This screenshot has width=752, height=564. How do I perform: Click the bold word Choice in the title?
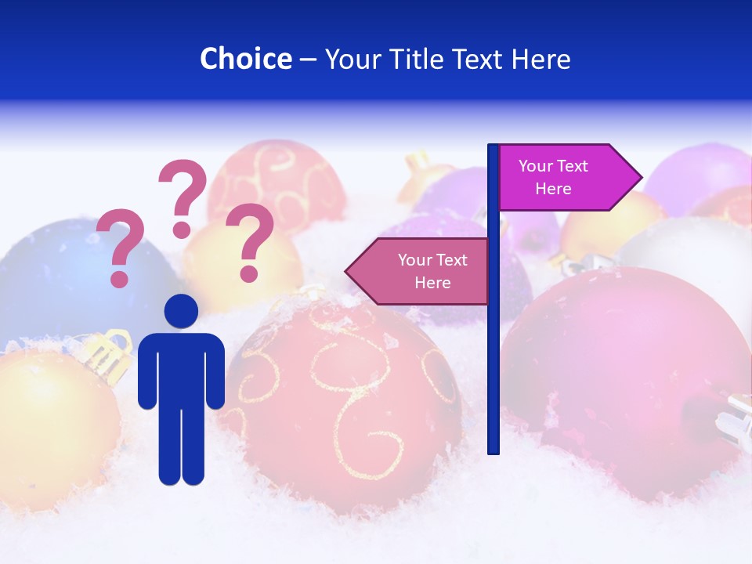pyautogui.click(x=245, y=59)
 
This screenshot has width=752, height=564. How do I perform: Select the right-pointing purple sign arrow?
pyautogui.click(x=568, y=178)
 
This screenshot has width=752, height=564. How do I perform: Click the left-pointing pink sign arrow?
pyautogui.click(x=419, y=271)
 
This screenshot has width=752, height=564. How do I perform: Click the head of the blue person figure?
pyautogui.click(x=181, y=312)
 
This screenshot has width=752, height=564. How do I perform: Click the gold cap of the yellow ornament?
pyautogui.click(x=107, y=352)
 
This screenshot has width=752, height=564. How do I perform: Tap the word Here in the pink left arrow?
pyautogui.click(x=432, y=283)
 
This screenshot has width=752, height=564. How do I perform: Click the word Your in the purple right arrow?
pyautogui.click(x=536, y=166)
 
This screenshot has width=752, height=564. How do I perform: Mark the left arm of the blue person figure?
pyautogui.click(x=146, y=372)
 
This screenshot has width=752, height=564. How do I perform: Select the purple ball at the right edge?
pyautogui.click(x=701, y=176)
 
